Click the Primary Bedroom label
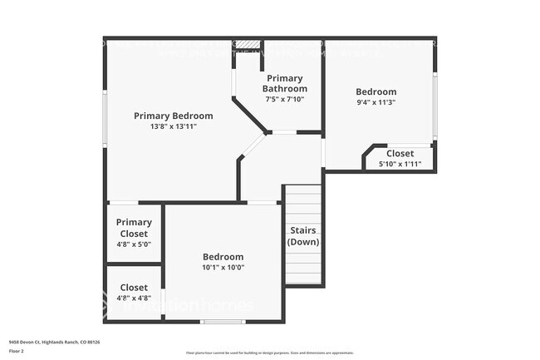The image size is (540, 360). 173,116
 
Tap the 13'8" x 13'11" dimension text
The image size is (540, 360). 173,126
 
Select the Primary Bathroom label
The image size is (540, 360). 285,83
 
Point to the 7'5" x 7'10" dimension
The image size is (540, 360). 285,99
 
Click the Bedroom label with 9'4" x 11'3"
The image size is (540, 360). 376,91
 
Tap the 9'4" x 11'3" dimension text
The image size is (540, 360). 376,103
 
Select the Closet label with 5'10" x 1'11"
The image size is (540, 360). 400,153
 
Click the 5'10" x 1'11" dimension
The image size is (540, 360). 400,164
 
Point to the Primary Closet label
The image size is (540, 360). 134,228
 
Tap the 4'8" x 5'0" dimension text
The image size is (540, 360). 134,244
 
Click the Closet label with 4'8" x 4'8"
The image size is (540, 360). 134,287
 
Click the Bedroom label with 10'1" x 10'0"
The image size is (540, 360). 223,257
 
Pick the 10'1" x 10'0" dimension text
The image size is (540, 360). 223,268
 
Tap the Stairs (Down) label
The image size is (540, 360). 303,235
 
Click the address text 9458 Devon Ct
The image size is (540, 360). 49,341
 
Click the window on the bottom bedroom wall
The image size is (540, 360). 223,321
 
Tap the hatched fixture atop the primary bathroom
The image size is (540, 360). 247,43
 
